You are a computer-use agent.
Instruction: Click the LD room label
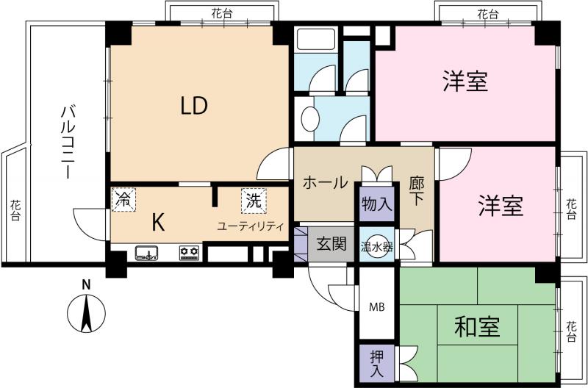pyautogui.click(x=194, y=106)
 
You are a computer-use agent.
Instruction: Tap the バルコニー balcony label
pyautogui.click(x=68, y=142)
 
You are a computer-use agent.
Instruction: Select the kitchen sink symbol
pyautogui.click(x=146, y=253)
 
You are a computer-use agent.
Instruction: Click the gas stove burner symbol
pyautogui.click(x=190, y=253)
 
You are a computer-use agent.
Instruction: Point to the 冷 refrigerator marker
pyautogui.click(x=123, y=199)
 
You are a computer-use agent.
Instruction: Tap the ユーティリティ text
pyautogui.click(x=250, y=226)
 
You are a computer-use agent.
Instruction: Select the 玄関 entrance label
pyautogui.click(x=331, y=245)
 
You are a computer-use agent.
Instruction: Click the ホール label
pyautogui.click(x=325, y=183)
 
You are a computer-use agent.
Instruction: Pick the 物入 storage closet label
pyautogui.click(x=377, y=205)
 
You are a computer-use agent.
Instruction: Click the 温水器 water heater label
pyautogui.click(x=377, y=247)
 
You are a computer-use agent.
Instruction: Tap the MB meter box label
pyautogui.click(x=376, y=307)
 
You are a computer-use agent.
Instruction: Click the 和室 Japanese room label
pyautogui.click(x=476, y=327)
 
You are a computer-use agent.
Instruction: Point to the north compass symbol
pyautogui.click(x=86, y=313)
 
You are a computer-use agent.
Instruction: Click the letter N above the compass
pyautogui.click(x=86, y=285)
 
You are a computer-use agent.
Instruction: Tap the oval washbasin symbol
pyautogui.click(x=309, y=119)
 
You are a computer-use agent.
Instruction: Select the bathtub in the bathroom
pyautogui.click(x=316, y=40)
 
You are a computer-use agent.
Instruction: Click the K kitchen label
pyautogui.click(x=158, y=223)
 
